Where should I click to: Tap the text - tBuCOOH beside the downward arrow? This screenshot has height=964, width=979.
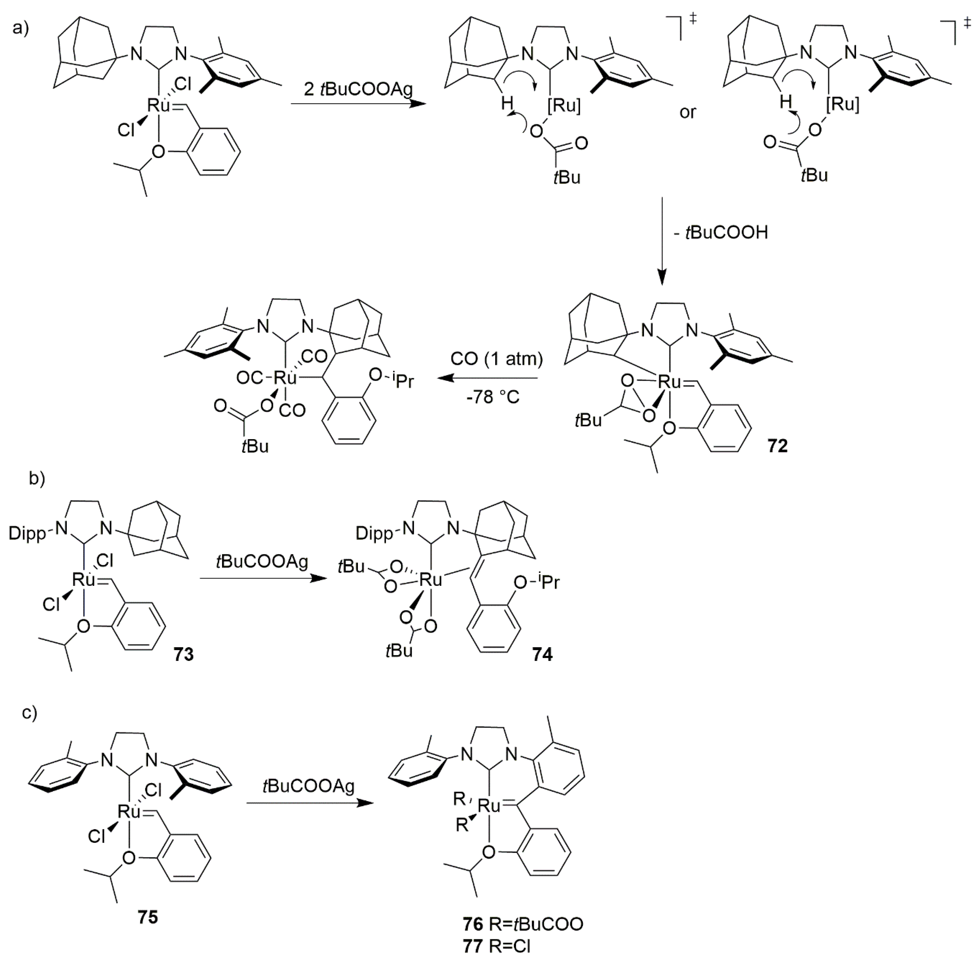point(721,232)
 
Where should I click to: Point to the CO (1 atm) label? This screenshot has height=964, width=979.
point(496,359)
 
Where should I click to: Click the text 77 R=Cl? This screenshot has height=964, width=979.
point(496,946)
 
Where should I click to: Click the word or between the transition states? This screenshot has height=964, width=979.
point(687,112)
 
